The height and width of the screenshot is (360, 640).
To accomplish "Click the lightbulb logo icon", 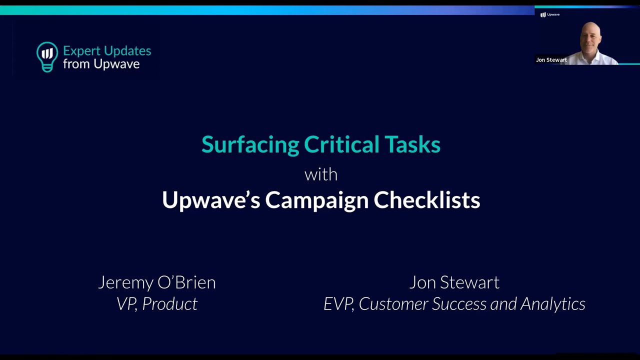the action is coord(47,57).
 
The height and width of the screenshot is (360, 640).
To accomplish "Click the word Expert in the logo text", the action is coord(81,51).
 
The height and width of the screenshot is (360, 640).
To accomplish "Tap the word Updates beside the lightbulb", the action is coord(127,51).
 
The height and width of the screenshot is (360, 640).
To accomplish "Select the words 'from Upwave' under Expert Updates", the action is coord(101,64).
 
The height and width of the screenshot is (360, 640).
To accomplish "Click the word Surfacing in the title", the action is coord(250,145).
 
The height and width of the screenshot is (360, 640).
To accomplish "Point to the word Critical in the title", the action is coord(341,144).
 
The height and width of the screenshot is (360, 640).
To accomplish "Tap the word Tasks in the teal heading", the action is coord(412,144).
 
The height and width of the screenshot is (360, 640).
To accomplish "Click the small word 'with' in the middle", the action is coord(321,174).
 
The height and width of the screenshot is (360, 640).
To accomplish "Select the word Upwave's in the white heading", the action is coord(211,200).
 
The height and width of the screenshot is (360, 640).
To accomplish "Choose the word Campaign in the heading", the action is coord(317,200).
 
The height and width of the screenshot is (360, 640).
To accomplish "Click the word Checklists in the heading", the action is coord(427,199).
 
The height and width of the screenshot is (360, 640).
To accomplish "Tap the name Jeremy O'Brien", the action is coord(157,282).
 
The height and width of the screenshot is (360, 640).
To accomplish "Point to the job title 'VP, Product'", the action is coord(157,303).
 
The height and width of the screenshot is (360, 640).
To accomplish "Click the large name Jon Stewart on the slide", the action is coord(454,282).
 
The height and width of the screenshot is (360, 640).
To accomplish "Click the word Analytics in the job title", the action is coord(553,304).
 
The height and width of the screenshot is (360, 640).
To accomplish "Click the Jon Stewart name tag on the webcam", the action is coord(551,60).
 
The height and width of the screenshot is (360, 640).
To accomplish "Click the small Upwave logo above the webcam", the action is coord(549,14).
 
